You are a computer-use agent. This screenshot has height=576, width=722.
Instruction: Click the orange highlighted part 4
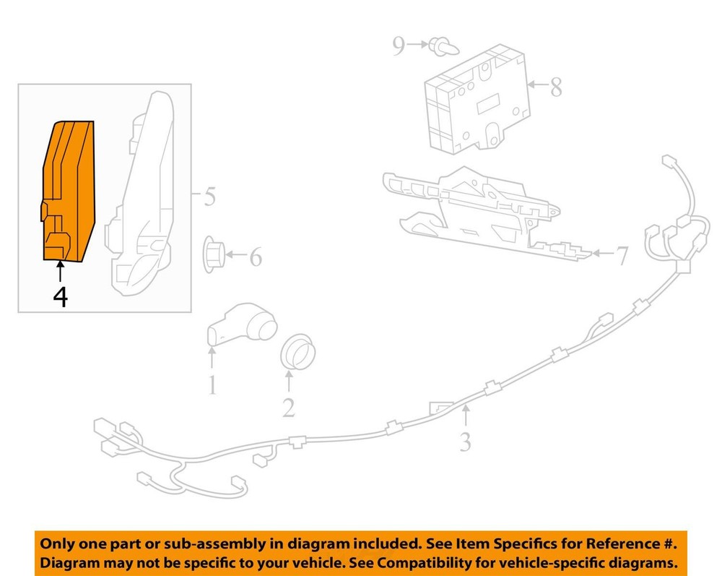point(69,192)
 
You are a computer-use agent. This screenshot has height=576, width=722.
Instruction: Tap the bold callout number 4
point(61,297)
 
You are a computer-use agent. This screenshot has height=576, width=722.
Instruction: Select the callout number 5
point(209,197)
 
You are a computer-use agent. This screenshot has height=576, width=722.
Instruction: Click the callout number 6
point(256,257)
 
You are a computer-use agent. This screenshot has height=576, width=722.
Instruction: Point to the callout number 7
point(622,256)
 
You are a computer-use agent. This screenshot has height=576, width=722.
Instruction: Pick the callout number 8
point(556,87)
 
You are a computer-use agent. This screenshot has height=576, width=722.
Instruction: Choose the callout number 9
point(399,46)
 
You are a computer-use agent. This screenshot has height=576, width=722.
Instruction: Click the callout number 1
point(212,385)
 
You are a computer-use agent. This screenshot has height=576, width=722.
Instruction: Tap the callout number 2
point(289,408)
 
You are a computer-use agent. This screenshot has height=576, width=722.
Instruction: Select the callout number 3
point(466,442)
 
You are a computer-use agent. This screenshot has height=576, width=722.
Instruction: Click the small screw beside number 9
point(444,46)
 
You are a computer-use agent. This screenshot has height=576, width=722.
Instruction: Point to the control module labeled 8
point(477,99)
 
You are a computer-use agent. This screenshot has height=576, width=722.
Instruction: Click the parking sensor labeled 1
point(242,324)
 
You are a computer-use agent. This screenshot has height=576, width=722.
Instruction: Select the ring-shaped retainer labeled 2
point(298,351)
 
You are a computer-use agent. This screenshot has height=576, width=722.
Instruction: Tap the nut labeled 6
point(214,254)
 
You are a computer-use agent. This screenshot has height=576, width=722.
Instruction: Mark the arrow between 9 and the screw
point(417,45)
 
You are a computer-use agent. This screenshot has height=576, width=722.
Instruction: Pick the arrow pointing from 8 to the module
point(539,85)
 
